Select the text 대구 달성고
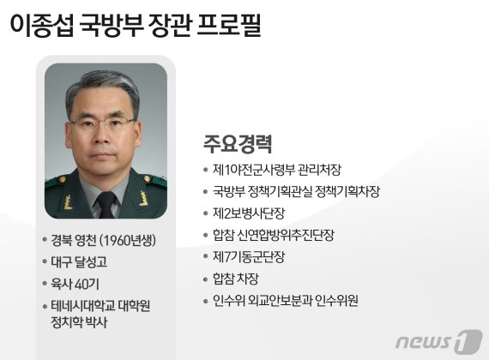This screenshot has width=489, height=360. pos(83,261)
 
